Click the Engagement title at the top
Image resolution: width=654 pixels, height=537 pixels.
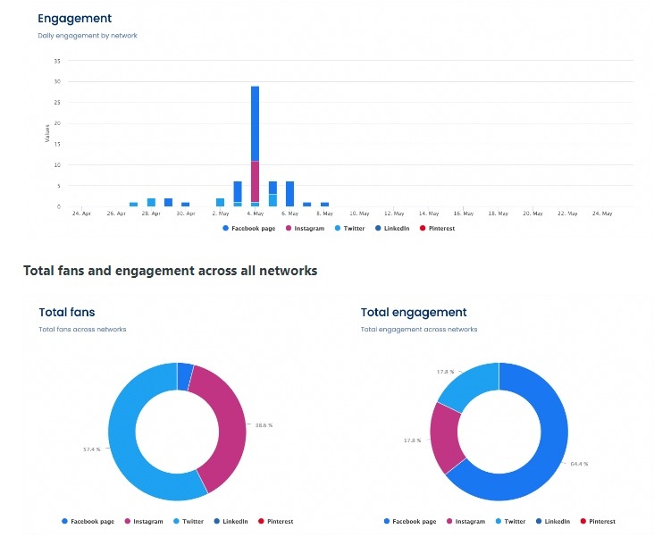[x=74, y=18]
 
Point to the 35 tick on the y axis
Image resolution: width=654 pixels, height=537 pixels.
[x=57, y=61]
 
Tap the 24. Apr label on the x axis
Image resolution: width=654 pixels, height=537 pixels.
[x=80, y=214]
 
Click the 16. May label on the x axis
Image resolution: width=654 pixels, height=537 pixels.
[x=463, y=214]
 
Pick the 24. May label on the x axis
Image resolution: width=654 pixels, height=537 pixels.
[x=601, y=214]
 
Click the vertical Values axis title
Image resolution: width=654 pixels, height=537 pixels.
[x=47, y=133]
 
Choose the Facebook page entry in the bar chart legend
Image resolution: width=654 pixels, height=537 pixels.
[x=251, y=229]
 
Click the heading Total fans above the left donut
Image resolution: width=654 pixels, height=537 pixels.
[x=67, y=313]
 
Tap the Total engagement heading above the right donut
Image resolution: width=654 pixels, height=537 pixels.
[x=414, y=313]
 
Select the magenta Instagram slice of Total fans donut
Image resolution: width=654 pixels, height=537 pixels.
[x=223, y=420]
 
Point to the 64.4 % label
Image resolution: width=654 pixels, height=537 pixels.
[x=578, y=464]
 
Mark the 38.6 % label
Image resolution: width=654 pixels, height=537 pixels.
[x=263, y=425]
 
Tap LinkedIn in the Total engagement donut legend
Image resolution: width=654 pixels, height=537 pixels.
[x=557, y=521]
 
